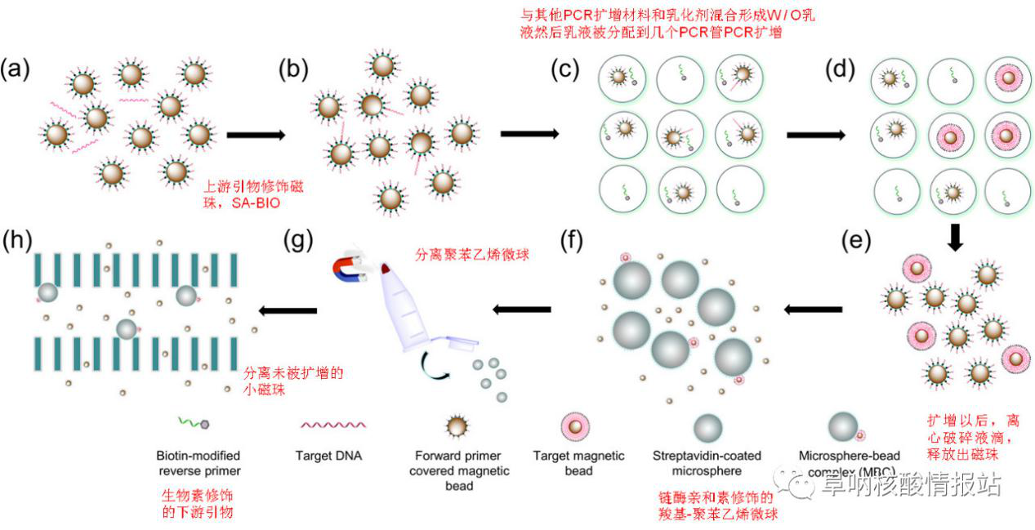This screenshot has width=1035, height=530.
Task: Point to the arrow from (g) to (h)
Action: [288, 310]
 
